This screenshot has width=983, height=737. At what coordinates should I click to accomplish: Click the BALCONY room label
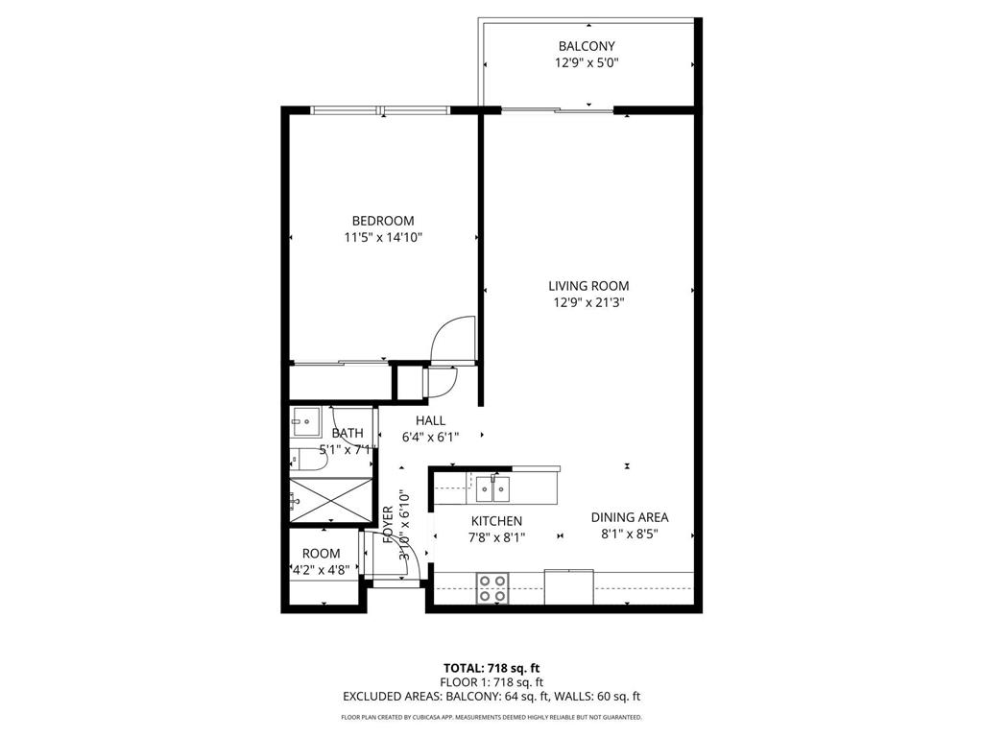[x=587, y=46]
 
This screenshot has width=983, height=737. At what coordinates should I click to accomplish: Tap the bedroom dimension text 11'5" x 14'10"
[x=382, y=237]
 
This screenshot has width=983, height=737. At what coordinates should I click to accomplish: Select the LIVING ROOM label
[x=588, y=285]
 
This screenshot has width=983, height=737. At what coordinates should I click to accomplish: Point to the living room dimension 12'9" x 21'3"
[x=588, y=302]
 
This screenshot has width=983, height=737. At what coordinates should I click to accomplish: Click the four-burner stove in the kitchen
[x=493, y=587]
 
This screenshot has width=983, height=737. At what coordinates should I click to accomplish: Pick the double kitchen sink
[x=493, y=489]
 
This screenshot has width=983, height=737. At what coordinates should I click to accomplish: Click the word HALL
[x=430, y=420]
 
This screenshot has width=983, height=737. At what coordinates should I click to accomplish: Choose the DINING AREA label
[x=629, y=516]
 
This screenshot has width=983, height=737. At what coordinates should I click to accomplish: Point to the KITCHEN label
[x=495, y=521]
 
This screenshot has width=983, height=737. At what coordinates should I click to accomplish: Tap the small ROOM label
[x=321, y=554]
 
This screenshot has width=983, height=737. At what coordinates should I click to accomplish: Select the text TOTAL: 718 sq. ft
[x=491, y=667]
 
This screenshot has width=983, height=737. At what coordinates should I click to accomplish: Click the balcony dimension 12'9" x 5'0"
[x=587, y=63]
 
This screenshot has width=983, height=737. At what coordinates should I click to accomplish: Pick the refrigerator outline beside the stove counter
[x=567, y=587]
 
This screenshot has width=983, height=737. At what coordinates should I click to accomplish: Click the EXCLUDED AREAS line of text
[x=491, y=697]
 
